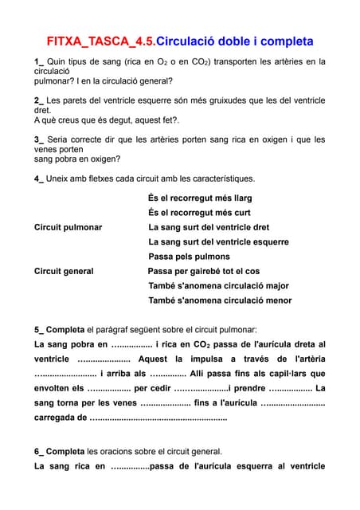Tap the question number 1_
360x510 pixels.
39,61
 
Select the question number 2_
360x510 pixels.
39,100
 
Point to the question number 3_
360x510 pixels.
39,139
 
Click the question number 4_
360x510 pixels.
39,178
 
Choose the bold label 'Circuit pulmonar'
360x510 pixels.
68,227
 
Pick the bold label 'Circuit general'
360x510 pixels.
64,271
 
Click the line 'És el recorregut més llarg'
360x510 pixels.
200,198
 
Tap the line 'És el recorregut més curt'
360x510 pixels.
199,213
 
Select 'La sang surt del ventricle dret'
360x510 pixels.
209,227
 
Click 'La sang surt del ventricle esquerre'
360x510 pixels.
218,241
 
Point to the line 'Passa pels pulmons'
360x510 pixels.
189,257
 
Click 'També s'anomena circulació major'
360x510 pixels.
218,285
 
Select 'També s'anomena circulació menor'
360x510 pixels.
220,300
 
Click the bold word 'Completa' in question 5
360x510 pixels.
65,329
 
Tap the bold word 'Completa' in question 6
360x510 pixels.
65,451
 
